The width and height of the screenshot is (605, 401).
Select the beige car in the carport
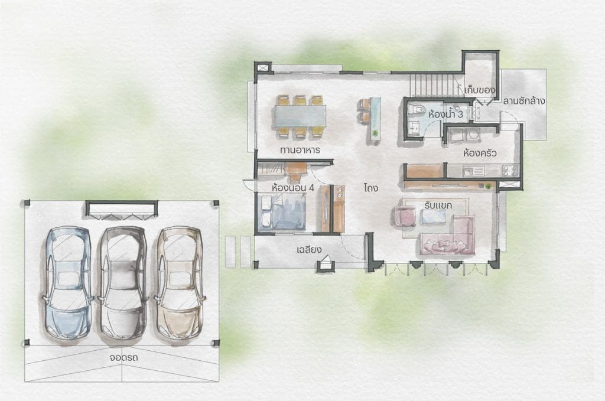click(x=179, y=283)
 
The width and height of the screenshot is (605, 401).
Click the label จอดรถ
click(x=123, y=357)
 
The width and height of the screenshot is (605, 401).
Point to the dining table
click(x=300, y=116)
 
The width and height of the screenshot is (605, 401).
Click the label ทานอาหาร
click(x=300, y=150)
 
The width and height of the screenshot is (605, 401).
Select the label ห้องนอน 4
click(x=293, y=188)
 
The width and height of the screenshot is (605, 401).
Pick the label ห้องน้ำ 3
click(x=445, y=115)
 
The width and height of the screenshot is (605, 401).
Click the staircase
click(x=435, y=86)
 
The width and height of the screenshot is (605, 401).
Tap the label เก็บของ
click(x=480, y=90)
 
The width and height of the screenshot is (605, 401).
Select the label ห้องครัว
click(x=480, y=153)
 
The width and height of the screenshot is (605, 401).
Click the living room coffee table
click(x=434, y=217)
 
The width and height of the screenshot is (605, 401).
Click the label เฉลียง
click(x=309, y=250)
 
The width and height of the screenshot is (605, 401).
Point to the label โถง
click(x=370, y=188)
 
